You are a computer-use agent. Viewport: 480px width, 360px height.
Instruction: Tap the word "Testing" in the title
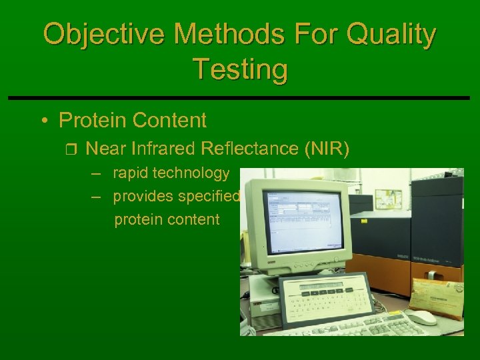pyautogui.click(x=240, y=69)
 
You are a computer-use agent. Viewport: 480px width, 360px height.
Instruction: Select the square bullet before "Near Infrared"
pyautogui.click(x=73, y=149)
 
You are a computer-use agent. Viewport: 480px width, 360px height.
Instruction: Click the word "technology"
pyautogui.click(x=191, y=173)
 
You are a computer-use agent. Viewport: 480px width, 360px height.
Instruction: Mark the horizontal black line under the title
pyautogui.click(x=240, y=98)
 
